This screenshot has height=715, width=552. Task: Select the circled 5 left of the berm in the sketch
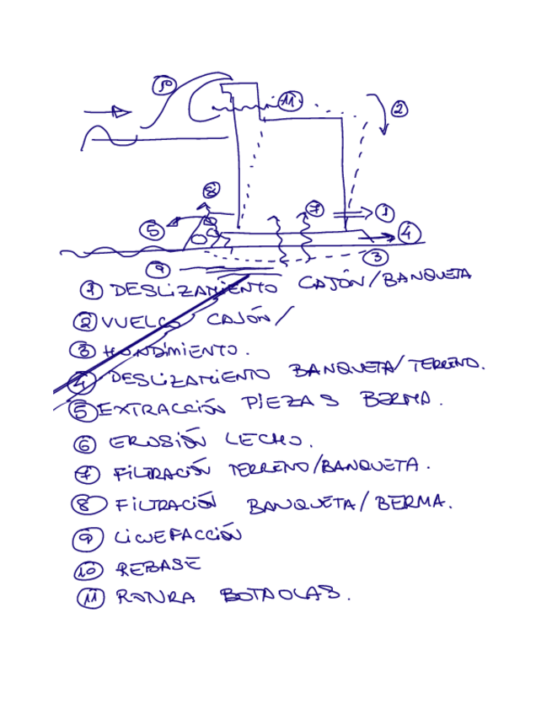click(x=153, y=231)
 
